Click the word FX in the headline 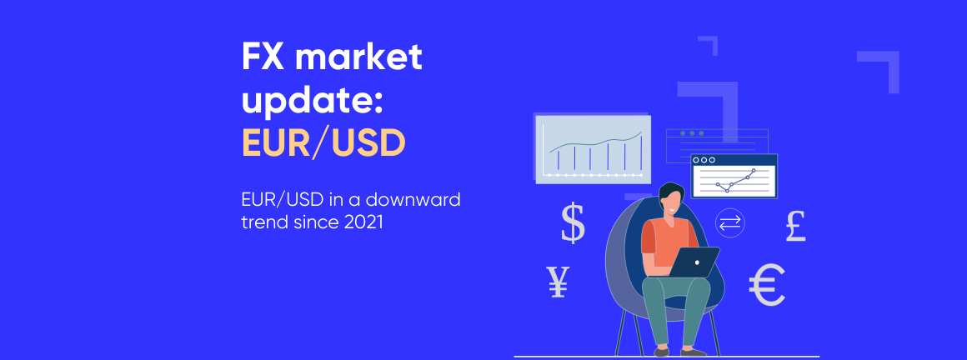pyautogui.click(x=261, y=59)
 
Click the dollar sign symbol pyautogui.click(x=573, y=222)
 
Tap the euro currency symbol pyautogui.click(x=767, y=286)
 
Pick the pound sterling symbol pyautogui.click(x=796, y=226)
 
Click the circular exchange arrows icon pyautogui.click(x=730, y=222)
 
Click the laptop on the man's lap pyautogui.click(x=694, y=262)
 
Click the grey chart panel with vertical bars pyautogui.click(x=593, y=147)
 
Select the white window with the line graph pyautogui.click(x=734, y=177)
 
